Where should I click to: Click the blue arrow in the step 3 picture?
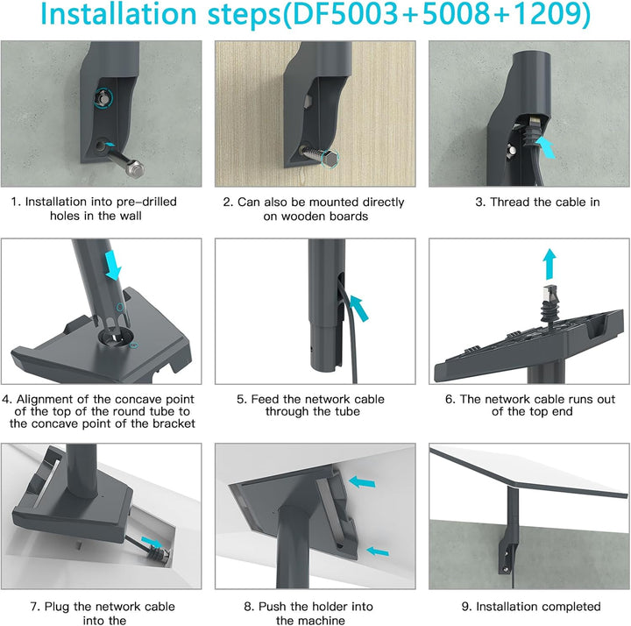tap(546, 146)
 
